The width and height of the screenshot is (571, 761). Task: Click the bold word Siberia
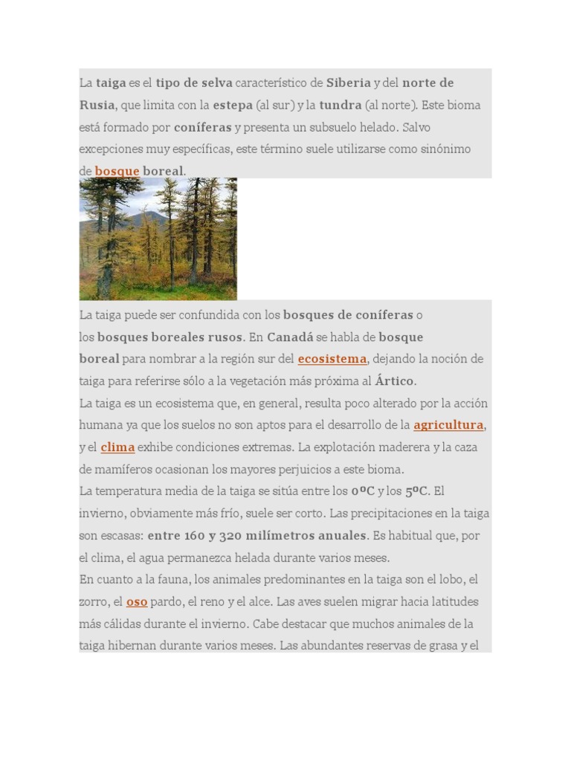349,82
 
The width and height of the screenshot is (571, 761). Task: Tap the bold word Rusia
97,105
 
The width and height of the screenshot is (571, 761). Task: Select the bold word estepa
233,105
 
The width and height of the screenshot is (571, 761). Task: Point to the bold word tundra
341,105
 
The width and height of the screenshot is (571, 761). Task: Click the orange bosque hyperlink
117,171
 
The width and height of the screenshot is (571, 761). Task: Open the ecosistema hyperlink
332,359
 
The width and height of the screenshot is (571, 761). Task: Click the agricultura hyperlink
448,425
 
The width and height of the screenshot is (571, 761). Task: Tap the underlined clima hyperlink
117,447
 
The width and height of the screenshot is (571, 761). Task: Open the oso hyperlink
137,601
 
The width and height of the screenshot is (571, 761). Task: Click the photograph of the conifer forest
158,239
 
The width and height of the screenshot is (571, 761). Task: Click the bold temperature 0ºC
363,490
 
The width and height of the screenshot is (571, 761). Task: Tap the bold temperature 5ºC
416,490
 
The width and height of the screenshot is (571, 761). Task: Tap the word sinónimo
443,149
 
